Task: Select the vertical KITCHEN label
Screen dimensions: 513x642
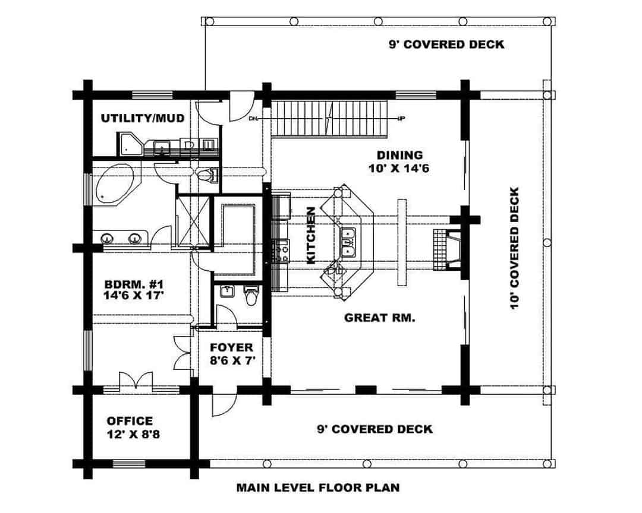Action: (x=310, y=235)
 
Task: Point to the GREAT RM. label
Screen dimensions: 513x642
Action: (x=379, y=318)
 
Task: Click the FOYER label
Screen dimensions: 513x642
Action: (x=231, y=347)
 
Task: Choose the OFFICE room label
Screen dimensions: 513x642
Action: (x=130, y=421)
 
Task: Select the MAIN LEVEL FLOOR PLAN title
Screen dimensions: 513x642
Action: (x=318, y=488)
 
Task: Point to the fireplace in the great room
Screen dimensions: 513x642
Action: (x=449, y=250)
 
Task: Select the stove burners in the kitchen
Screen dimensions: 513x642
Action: (x=281, y=251)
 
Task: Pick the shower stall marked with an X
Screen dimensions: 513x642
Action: (x=194, y=220)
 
